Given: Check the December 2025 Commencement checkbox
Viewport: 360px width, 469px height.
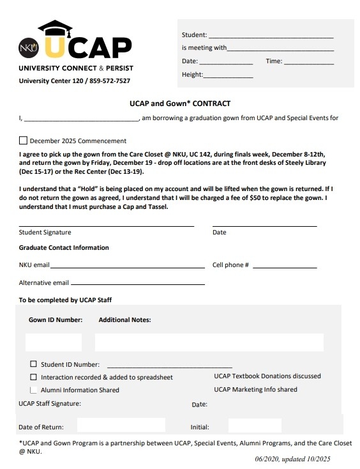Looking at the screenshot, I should point(24,141).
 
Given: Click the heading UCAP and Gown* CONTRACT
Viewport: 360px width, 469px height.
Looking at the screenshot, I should point(184,104).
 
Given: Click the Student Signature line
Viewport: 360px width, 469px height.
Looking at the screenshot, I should point(106,226).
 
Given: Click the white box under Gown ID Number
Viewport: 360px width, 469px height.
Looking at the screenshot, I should point(54,342).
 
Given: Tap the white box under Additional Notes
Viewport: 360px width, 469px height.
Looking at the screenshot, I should point(209,342).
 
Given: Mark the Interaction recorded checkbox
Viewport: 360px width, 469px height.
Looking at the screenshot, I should point(34,377).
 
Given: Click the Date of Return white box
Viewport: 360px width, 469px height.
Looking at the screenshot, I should point(121,426).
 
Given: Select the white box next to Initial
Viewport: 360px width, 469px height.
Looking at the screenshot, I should point(254,426).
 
